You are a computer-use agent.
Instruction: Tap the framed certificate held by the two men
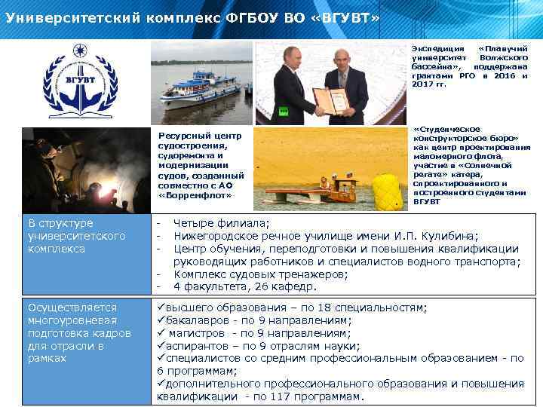330,99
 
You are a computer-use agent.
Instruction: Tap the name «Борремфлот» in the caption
188,195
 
